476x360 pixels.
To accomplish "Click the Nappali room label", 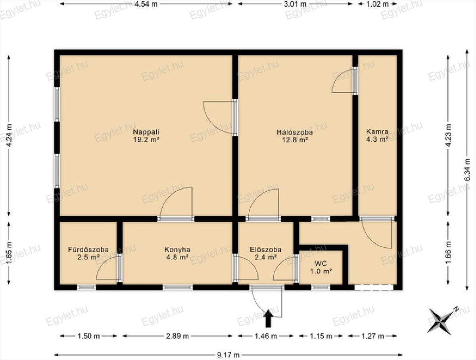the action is pyautogui.click(x=146, y=132).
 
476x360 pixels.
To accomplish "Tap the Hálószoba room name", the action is pyautogui.click(x=295, y=132).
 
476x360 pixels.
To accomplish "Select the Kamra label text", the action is pyautogui.click(x=377, y=131).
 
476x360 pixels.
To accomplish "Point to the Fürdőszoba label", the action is pyautogui.click(x=88, y=250).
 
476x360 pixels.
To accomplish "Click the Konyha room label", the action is pyautogui.click(x=177, y=250).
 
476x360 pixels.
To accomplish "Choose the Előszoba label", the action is pyautogui.click(x=266, y=250).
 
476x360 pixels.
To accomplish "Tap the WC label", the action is pyautogui.click(x=321, y=264).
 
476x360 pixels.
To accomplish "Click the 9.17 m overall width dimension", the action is pyautogui.click(x=228, y=355).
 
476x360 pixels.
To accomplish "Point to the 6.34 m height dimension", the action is pyautogui.click(x=467, y=169).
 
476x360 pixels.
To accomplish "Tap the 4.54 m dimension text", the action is pyautogui.click(x=146, y=4).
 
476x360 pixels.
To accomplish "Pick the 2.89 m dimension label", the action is pyautogui.click(x=177, y=336).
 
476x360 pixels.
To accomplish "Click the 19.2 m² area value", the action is pyautogui.click(x=146, y=139).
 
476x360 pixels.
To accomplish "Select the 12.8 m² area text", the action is pyautogui.click(x=295, y=140).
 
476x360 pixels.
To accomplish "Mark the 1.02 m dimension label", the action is pyautogui.click(x=377, y=4).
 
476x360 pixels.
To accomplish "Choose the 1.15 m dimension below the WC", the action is pyautogui.click(x=321, y=336).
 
